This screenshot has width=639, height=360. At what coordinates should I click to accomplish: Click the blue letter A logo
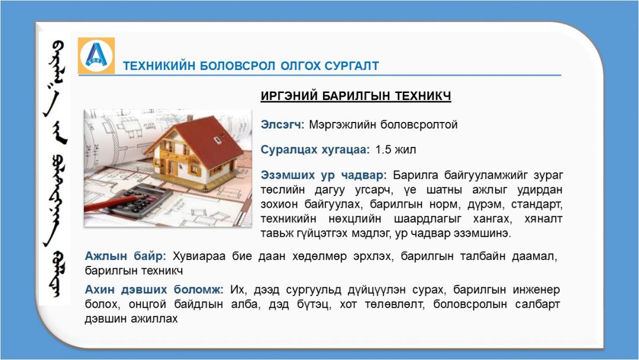[x=96, y=56]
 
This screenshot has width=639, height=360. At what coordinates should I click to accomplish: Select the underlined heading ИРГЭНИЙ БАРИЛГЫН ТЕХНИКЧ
[x=356, y=96]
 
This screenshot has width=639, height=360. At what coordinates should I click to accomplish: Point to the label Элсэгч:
[x=282, y=124]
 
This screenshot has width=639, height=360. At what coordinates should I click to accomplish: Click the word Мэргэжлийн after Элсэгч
[x=343, y=124]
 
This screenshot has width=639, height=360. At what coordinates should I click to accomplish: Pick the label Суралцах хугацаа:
[x=315, y=150]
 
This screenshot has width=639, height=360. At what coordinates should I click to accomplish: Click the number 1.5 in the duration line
[x=383, y=150]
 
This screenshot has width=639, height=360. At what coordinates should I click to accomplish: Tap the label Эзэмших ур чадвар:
[x=324, y=175]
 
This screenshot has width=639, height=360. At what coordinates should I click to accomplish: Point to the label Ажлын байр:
[x=125, y=256]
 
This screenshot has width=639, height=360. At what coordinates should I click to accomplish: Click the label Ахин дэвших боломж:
[x=154, y=290]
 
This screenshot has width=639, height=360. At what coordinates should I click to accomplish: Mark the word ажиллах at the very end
[x=154, y=319]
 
